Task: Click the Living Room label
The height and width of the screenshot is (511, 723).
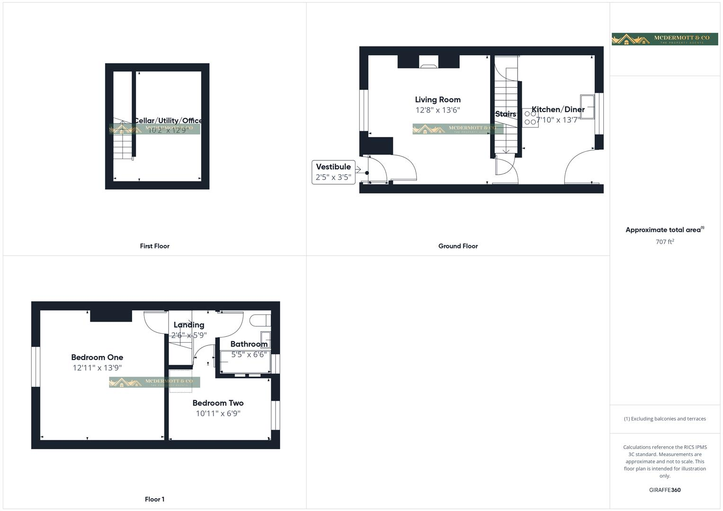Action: click(437, 100)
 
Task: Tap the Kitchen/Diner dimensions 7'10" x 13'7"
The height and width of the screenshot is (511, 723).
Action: click(558, 120)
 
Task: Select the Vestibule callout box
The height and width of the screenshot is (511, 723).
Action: click(333, 172)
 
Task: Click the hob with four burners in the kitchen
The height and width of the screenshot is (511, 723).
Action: click(530, 118)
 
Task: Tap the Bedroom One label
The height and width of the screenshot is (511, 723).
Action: click(97, 357)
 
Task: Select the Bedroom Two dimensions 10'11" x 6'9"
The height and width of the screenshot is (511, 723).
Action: click(218, 414)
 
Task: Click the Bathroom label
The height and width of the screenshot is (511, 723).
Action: click(249, 344)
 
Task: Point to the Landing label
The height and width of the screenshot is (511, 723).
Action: click(189, 325)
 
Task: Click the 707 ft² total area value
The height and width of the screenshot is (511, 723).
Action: click(665, 242)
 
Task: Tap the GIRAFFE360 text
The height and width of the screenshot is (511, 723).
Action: click(665, 490)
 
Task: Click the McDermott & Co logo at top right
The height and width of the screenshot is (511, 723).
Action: click(664, 39)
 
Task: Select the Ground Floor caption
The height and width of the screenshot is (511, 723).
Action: click(458, 246)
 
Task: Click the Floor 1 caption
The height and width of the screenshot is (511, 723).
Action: click(154, 499)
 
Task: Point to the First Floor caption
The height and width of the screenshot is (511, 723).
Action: click(154, 246)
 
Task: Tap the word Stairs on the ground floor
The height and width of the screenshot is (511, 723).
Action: click(505, 114)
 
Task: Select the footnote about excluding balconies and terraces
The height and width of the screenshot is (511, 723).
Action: click(665, 419)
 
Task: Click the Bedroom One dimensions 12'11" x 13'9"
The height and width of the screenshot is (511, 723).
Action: click(97, 368)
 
